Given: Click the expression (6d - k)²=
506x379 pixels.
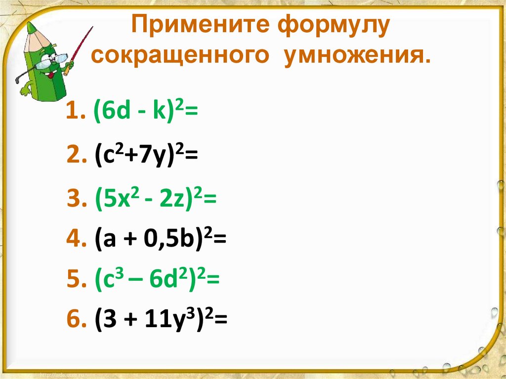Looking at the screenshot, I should coord(145,113).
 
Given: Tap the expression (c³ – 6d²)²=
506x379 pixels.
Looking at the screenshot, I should coord(156,280).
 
